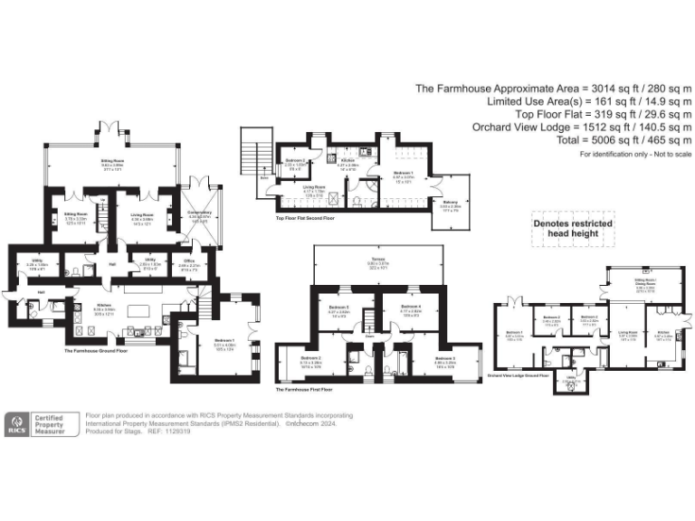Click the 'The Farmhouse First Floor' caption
(309, 390)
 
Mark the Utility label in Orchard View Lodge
(570, 379)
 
